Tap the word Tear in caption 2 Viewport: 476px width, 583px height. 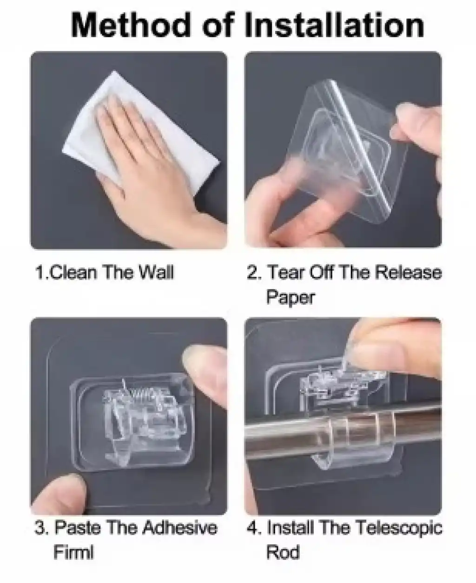[x=286, y=272]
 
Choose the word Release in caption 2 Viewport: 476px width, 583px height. [x=409, y=272]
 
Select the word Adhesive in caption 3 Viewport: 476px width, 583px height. [x=181, y=528]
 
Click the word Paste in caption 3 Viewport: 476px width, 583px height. [x=78, y=528]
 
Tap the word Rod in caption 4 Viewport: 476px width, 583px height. [x=283, y=552]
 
